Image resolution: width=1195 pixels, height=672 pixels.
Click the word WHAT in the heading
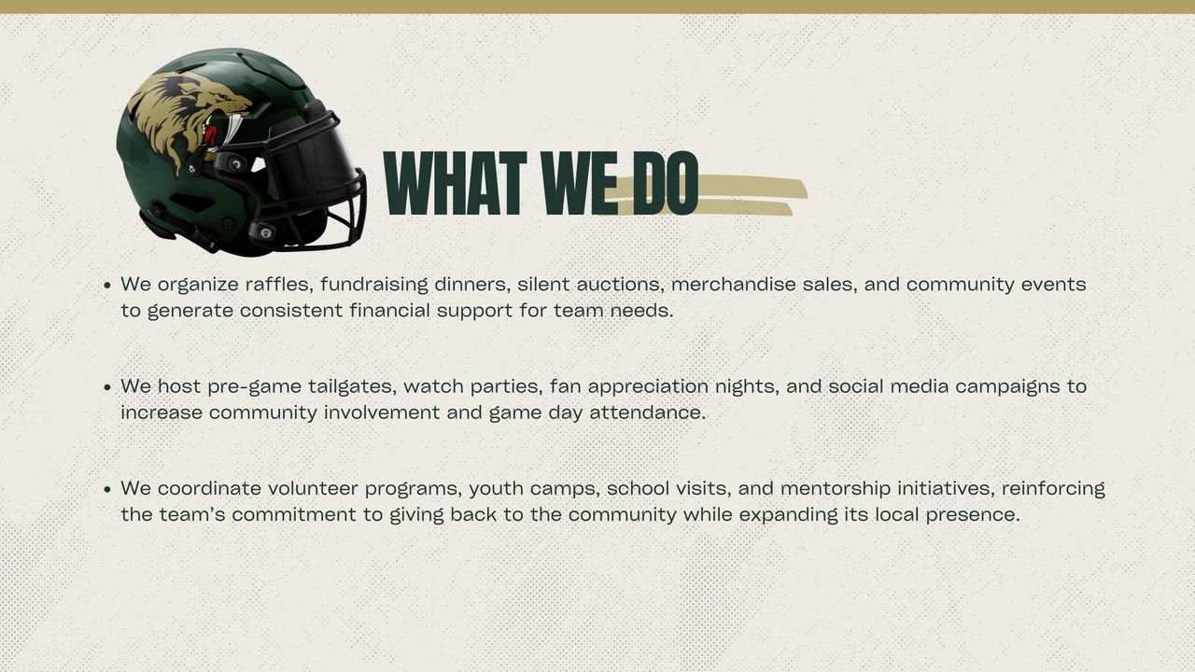tap(455, 183)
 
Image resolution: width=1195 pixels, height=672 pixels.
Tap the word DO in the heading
tap(666, 183)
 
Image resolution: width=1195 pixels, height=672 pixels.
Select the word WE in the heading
tap(580, 183)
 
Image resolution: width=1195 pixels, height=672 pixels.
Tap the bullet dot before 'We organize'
tap(107, 286)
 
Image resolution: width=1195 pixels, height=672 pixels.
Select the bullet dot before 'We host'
tap(107, 387)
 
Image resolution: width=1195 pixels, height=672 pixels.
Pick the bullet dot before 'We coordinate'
tap(107, 489)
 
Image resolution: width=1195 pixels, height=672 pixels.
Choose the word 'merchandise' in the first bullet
tap(734, 284)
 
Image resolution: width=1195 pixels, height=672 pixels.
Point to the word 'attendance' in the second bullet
tap(648, 413)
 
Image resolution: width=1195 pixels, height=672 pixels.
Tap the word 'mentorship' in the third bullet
tap(836, 488)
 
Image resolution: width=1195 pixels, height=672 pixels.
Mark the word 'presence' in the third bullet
tap(973, 515)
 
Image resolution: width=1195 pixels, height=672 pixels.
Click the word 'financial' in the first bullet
tap(390, 311)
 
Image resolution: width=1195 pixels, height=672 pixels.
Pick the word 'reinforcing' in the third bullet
tap(1053, 488)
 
